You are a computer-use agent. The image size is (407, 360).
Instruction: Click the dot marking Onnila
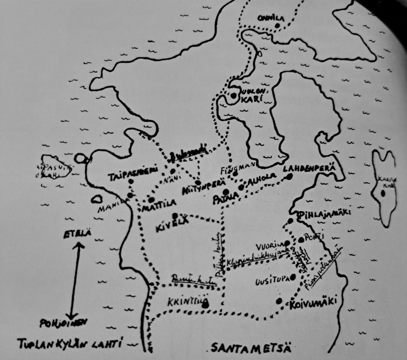click(x=277, y=25)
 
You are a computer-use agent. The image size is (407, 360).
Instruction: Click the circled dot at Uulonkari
click(x=233, y=96)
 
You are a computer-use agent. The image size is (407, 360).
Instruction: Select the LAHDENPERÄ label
click(x=311, y=168)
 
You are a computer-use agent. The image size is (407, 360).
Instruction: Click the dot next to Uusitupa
click(x=293, y=277)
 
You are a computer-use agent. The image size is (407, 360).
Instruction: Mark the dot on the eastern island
click(x=383, y=193)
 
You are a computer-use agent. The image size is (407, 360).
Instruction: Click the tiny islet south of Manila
click(x=97, y=198)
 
